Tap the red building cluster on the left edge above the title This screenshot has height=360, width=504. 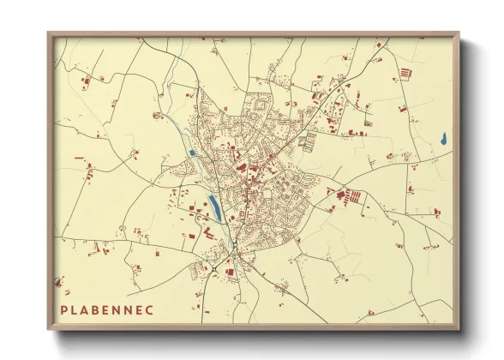[x=58, y=281]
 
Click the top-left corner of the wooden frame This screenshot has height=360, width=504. [x=49, y=34]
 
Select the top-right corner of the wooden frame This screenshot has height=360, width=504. [x=458, y=34]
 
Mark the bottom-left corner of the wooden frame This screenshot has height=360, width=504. [x=49, y=329]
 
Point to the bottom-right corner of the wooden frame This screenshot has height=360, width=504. [x=458, y=329]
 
